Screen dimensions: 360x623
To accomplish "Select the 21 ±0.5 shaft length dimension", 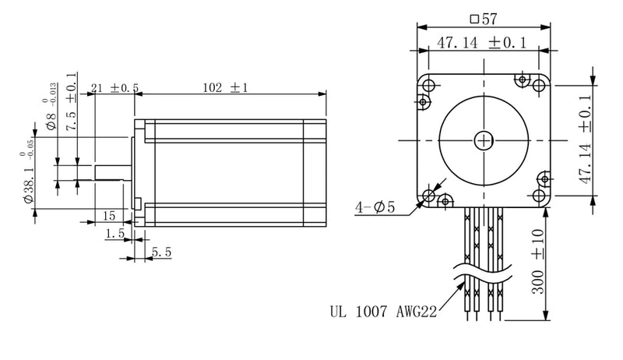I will pos(114,88).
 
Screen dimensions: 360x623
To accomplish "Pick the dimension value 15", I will pos(107,215).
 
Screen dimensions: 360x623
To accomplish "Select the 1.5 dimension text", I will pos(116,233).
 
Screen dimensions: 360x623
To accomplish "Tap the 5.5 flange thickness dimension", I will pos(161,252).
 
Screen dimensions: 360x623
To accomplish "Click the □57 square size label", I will pos(484,17).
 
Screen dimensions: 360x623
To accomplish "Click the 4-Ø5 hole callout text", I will pos(375,208).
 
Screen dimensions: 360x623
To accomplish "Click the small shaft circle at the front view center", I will pos(484,140).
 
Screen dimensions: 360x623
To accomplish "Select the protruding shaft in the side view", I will pos(110,174).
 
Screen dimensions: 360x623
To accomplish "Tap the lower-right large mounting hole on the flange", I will pos(539,196).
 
